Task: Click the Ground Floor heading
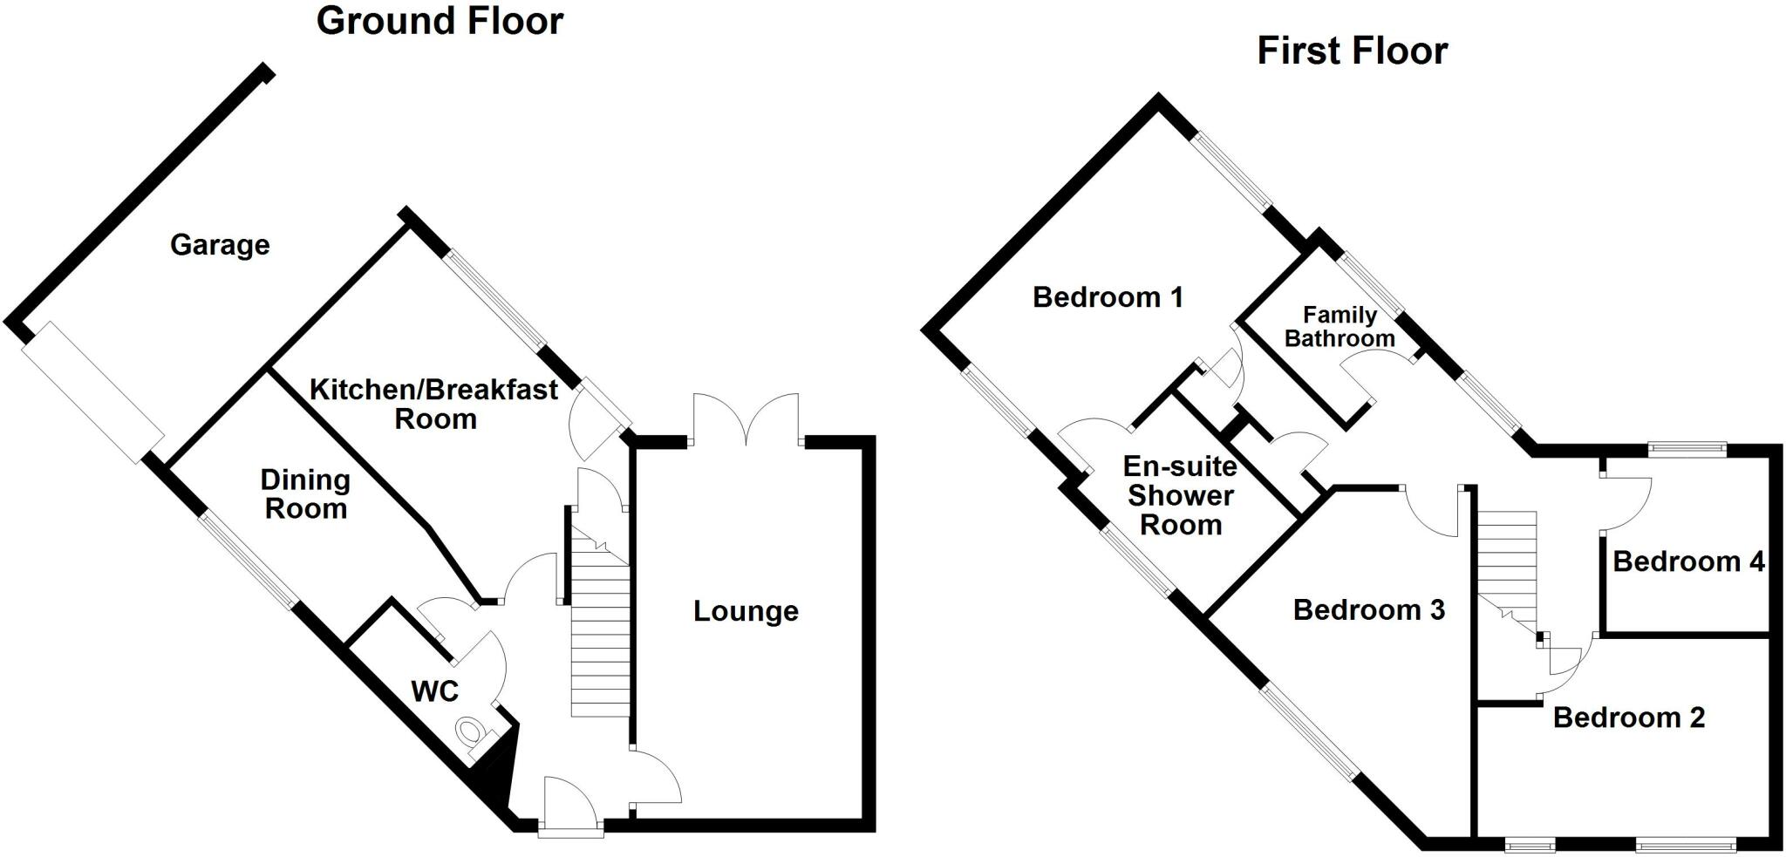tap(440, 21)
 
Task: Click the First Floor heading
tap(1352, 51)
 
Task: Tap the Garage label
tap(220, 245)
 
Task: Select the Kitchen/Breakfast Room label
tap(434, 404)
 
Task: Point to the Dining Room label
tap(306, 493)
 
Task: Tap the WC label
tap(434, 691)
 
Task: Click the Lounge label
tap(746, 611)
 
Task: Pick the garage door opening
tap(92, 392)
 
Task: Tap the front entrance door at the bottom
tap(570, 806)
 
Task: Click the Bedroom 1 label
tap(1108, 297)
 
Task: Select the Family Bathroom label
tap(1339, 326)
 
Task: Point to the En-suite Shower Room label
tap(1181, 495)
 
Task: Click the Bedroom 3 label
tap(1368, 609)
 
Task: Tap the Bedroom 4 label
tap(1688, 561)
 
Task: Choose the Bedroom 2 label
tap(1628, 718)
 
